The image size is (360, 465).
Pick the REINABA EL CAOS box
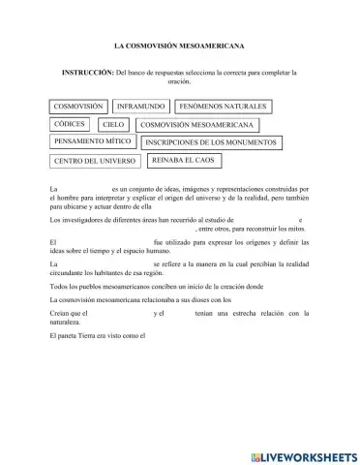pyautogui.click(x=188, y=159)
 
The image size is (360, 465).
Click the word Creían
pyautogui.click(x=58, y=313)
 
